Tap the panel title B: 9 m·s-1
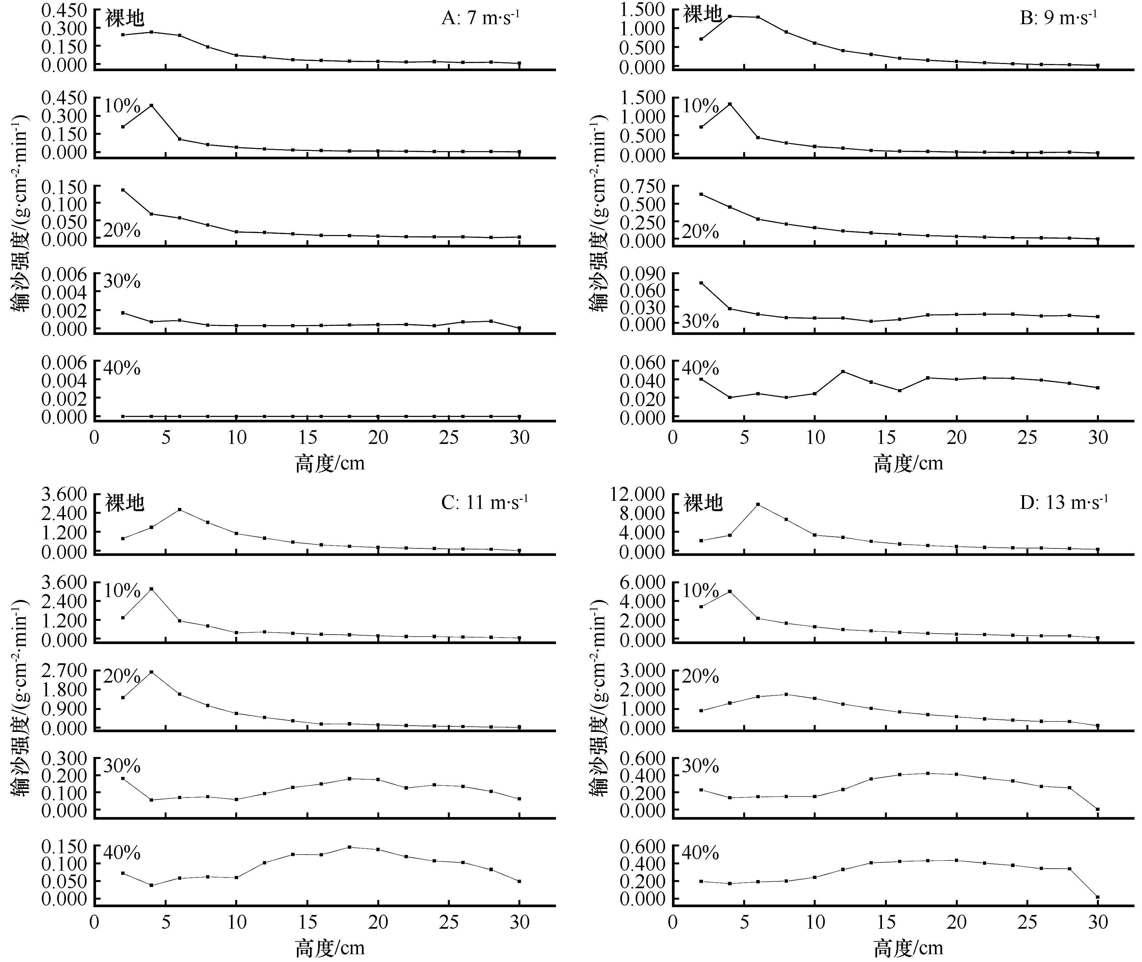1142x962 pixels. click(x=1058, y=18)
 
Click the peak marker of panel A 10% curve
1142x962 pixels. click(x=151, y=105)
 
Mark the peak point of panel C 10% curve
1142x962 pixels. click(x=151, y=589)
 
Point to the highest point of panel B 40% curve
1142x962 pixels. click(x=843, y=371)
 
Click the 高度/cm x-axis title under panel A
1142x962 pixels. click(x=330, y=464)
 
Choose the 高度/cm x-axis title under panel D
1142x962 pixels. click(x=908, y=948)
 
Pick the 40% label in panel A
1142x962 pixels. click(x=122, y=368)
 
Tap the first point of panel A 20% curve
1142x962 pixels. click(x=123, y=190)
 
